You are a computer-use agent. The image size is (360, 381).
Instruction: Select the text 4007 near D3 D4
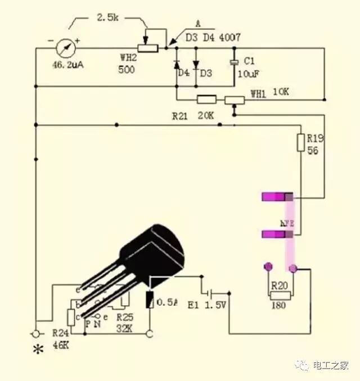coord(230,38)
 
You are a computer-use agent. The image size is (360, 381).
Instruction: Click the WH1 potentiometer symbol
coord(234,100)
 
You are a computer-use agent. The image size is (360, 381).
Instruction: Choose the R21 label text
coord(181,115)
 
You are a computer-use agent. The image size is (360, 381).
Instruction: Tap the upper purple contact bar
coord(278,197)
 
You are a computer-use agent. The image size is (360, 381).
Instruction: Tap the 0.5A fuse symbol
coord(150,301)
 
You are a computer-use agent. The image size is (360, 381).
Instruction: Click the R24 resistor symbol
coord(72,316)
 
